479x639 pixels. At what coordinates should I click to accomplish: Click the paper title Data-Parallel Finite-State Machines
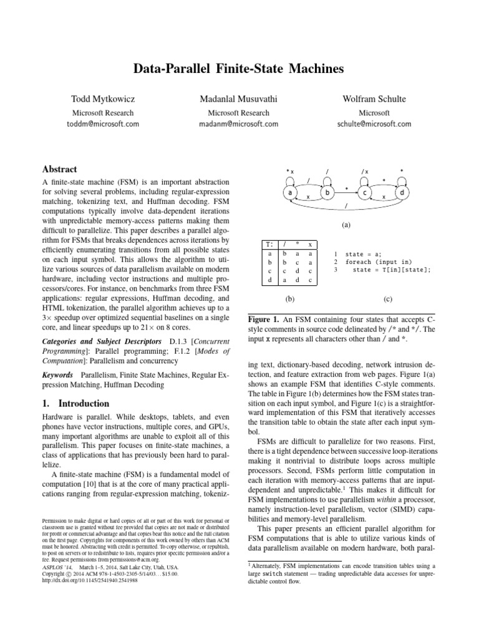[x=239, y=69]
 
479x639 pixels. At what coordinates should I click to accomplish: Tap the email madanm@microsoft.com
[x=239, y=124]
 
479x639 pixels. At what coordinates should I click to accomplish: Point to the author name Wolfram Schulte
[x=374, y=100]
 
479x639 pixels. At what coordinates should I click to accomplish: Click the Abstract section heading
[x=59, y=169]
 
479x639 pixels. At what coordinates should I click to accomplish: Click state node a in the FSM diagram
[x=291, y=193]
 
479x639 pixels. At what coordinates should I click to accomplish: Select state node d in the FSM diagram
[x=402, y=193]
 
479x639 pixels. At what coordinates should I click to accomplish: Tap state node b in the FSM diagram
[x=327, y=193]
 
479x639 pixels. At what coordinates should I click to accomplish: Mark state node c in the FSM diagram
[x=365, y=193]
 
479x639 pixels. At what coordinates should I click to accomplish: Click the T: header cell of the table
[x=269, y=244]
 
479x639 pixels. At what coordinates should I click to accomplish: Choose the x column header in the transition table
[x=311, y=244]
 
